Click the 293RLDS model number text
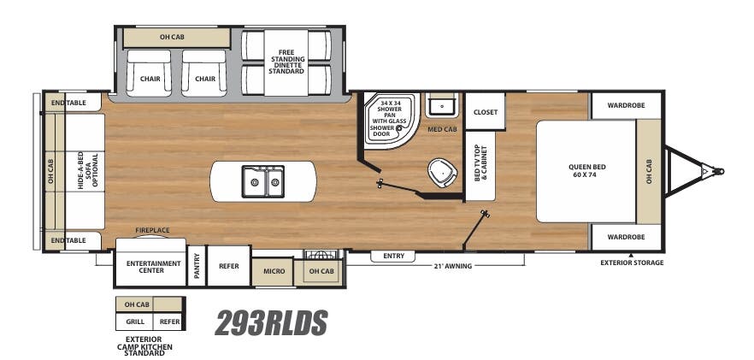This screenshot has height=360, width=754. pos(271,322)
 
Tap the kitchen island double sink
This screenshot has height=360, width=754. pos(262,180)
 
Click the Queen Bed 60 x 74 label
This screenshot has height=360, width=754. pos(586,171)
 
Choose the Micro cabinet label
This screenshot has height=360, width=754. pos(274,271)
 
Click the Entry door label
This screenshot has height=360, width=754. pos(393,256)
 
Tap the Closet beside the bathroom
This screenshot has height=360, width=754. pos(485,112)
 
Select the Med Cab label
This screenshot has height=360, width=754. pos(441,129)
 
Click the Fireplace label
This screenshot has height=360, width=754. pos(152,230)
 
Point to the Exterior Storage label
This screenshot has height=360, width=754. pos(632,263)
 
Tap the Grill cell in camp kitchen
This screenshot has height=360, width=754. pos(134,322)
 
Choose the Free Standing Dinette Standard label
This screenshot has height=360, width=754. pos(286,62)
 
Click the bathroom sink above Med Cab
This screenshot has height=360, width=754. pos(443,106)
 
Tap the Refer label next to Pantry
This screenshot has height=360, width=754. pos(229,266)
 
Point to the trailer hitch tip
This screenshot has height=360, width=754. pos(721,170)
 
